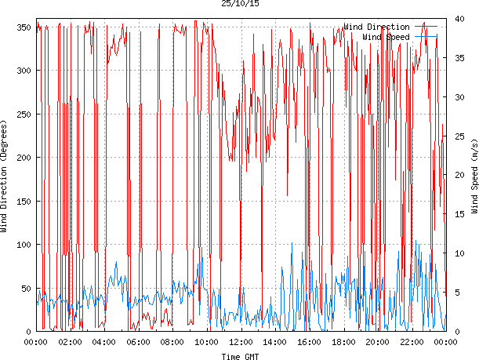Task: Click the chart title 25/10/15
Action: [x=240, y=4]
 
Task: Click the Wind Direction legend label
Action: [x=376, y=27]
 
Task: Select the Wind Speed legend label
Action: [x=386, y=36]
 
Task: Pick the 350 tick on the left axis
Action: [x=23, y=27]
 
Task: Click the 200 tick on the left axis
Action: [x=23, y=158]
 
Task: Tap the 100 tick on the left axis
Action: [x=23, y=245]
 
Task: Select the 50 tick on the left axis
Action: [x=25, y=289]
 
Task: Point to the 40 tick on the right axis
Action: [x=459, y=20]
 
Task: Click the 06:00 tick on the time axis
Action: [x=139, y=342]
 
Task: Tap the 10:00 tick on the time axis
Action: [x=207, y=342]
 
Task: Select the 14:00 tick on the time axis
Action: [x=275, y=342]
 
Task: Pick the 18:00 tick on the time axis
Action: [x=343, y=342]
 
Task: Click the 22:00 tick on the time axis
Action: [x=412, y=342]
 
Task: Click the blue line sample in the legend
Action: [x=426, y=36]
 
